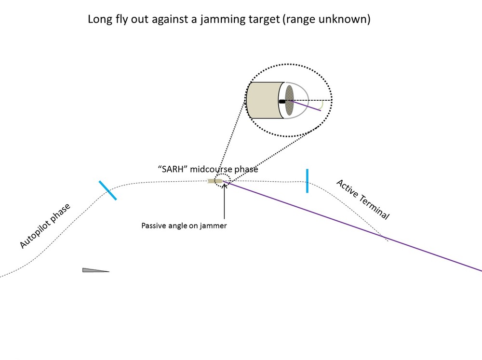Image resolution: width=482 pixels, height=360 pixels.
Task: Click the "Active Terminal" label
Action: point(362,200)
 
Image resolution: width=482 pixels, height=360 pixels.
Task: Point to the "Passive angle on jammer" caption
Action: point(184,225)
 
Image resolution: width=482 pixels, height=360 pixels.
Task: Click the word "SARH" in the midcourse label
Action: point(173,170)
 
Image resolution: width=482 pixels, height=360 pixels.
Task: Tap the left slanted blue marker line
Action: point(107,190)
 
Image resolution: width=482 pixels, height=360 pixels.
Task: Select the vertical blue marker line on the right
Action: point(307,181)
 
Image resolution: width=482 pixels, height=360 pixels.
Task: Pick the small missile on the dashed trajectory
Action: point(216,181)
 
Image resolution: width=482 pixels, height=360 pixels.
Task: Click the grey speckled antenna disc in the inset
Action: point(289,100)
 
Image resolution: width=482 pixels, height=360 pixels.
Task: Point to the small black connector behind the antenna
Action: point(282,101)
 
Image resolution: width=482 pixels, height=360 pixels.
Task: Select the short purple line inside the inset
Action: point(307,106)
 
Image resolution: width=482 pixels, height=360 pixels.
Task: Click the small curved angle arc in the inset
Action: point(322,104)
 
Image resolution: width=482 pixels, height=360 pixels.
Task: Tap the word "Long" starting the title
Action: point(99,20)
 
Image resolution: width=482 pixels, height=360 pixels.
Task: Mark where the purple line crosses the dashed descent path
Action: point(384,237)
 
